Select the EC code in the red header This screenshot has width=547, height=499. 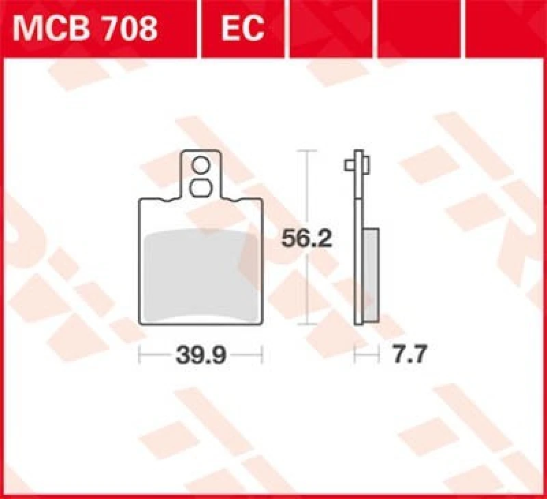(x=242, y=28)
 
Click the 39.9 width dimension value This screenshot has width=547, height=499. (x=201, y=355)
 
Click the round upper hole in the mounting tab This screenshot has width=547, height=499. (x=201, y=165)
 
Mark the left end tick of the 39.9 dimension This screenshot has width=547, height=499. (x=139, y=355)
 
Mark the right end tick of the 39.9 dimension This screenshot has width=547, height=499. (x=263, y=355)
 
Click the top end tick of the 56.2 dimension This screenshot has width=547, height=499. (x=307, y=150)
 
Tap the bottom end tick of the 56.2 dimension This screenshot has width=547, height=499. (x=307, y=324)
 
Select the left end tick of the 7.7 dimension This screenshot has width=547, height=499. (x=355, y=355)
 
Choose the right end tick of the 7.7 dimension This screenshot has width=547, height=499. (x=378, y=355)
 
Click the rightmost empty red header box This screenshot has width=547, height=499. (x=506, y=28)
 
